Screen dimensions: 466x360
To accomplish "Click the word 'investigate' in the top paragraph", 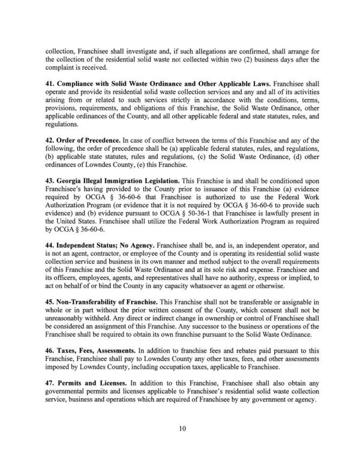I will [150, 51].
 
